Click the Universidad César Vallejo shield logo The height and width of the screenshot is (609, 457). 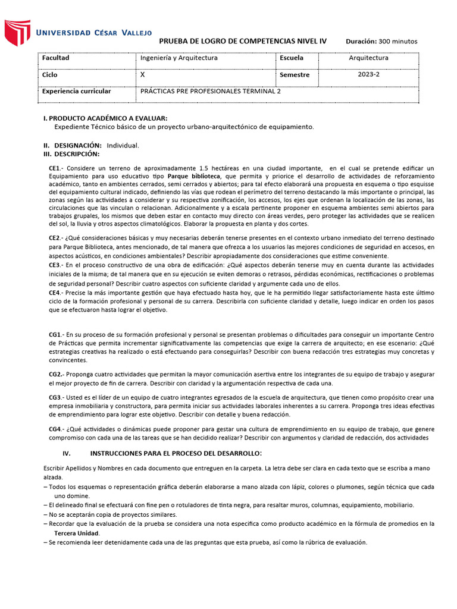coord(17,33)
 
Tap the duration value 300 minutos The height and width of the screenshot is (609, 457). coord(398,41)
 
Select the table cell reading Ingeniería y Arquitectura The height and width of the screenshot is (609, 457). coord(179,58)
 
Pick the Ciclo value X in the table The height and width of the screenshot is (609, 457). coord(142,76)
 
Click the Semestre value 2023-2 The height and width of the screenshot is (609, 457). coord(368,75)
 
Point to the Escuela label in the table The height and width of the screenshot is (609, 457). coord(292,58)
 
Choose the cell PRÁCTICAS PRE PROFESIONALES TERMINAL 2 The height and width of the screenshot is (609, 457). coord(210,92)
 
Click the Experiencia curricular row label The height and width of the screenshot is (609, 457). coord(76,92)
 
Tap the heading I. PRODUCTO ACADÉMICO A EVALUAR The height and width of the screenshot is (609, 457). coord(105,118)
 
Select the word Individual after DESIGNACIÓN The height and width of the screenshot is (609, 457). coord(123,145)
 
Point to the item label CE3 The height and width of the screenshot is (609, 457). coord(56,264)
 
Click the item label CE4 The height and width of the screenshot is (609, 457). coord(56,293)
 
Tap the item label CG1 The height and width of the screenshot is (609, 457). coord(57,335)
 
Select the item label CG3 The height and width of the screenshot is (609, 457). coord(57,397)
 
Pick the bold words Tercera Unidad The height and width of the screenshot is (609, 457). coord(77,533)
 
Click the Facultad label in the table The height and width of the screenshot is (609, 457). coord(55,58)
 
